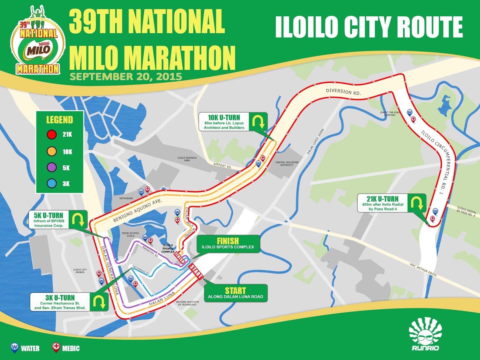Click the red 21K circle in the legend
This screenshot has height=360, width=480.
pos(52,134)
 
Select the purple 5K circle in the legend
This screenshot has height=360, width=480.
pos(52,167)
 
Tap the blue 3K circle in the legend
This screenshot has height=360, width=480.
pos(52,183)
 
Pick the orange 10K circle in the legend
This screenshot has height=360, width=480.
pos(52,151)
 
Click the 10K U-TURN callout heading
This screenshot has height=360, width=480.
pos(224,117)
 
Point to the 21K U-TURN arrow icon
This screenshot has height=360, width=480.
pos(416,203)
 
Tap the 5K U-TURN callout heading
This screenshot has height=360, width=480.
pos(49,215)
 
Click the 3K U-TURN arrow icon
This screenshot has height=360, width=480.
pos(99,302)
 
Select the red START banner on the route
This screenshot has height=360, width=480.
pos(196,271)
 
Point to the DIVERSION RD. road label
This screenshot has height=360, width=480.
pos(343,92)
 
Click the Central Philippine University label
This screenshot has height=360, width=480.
pos(287,163)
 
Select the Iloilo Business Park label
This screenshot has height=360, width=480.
pos(187,159)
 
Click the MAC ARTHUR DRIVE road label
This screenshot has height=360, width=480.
pos(423,270)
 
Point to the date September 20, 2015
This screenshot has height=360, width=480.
pos(126,76)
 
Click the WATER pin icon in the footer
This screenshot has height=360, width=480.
pos(14,347)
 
